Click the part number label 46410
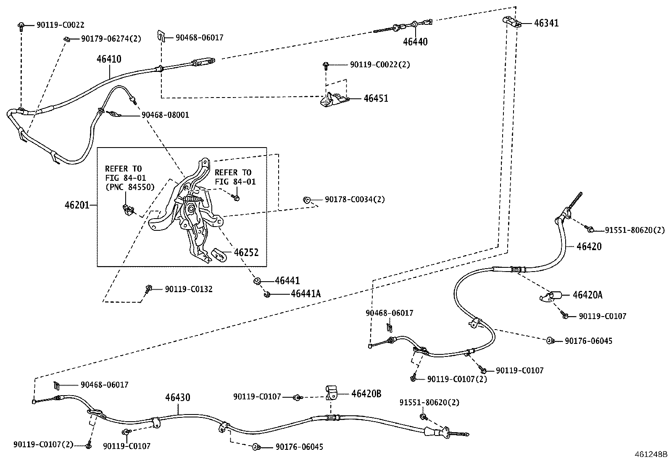point(109,59)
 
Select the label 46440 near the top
point(415,42)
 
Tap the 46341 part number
point(546,23)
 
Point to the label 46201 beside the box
point(78,206)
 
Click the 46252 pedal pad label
point(246,253)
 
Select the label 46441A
point(306,294)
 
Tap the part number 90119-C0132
point(189,289)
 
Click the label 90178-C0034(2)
point(355,200)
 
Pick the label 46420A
point(587,295)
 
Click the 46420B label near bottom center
point(366,393)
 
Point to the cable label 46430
point(177,397)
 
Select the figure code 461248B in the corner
point(651,454)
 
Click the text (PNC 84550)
point(129,187)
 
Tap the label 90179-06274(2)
point(111,39)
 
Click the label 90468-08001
point(165,115)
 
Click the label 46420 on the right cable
point(589,247)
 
